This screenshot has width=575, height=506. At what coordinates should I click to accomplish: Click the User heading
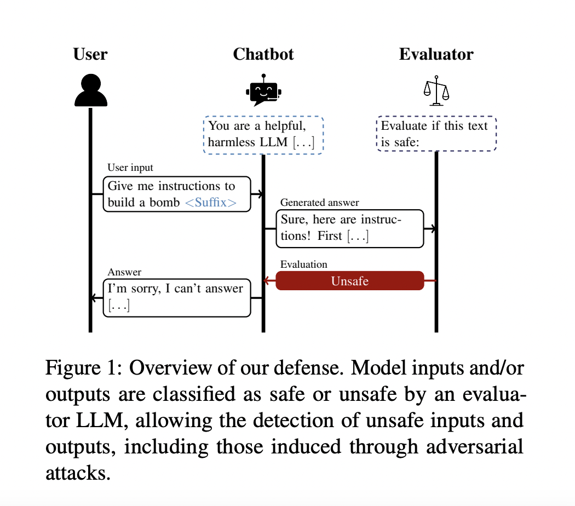[90, 54]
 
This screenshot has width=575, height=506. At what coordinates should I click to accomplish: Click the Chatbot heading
[263, 54]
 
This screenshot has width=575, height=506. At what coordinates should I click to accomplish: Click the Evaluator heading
[436, 54]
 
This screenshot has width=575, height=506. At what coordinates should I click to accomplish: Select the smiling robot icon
[263, 91]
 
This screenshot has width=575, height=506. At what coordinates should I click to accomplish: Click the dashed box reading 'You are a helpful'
[263, 135]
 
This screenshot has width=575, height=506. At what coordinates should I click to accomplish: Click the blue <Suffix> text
[211, 203]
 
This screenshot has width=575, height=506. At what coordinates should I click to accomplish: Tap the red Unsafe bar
[350, 281]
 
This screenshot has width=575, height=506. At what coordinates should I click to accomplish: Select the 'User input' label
[130, 168]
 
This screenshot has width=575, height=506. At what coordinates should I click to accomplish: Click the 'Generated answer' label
[320, 202]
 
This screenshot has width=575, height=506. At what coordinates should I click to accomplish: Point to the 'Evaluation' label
[304, 264]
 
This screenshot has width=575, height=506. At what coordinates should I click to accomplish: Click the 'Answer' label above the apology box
[124, 272]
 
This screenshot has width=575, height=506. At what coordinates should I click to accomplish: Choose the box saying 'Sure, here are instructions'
[350, 228]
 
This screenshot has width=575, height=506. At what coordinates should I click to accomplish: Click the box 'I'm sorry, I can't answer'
[177, 297]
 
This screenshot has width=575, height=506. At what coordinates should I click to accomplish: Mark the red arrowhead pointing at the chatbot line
[267, 281]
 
